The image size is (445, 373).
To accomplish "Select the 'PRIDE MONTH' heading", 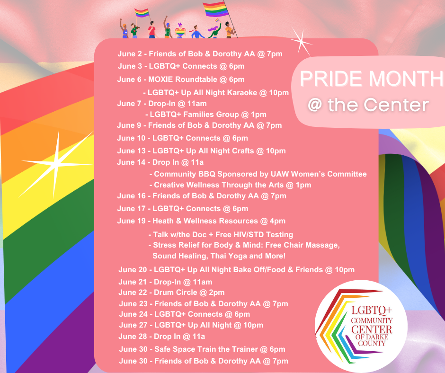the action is [372, 79].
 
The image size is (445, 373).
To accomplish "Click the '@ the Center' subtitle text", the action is [368, 105].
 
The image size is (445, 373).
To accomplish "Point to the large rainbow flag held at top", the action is [216, 9].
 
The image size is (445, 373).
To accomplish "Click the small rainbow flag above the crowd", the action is [142, 13].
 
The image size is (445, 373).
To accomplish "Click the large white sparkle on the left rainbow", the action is [57, 164].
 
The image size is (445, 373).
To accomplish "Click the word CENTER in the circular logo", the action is [372, 329].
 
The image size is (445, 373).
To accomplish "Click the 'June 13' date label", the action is [131, 151].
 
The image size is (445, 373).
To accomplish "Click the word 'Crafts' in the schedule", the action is [243, 151].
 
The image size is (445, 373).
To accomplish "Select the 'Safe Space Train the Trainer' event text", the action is [202, 349].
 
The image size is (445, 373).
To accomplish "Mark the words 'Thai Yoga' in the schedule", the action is [229, 256].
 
